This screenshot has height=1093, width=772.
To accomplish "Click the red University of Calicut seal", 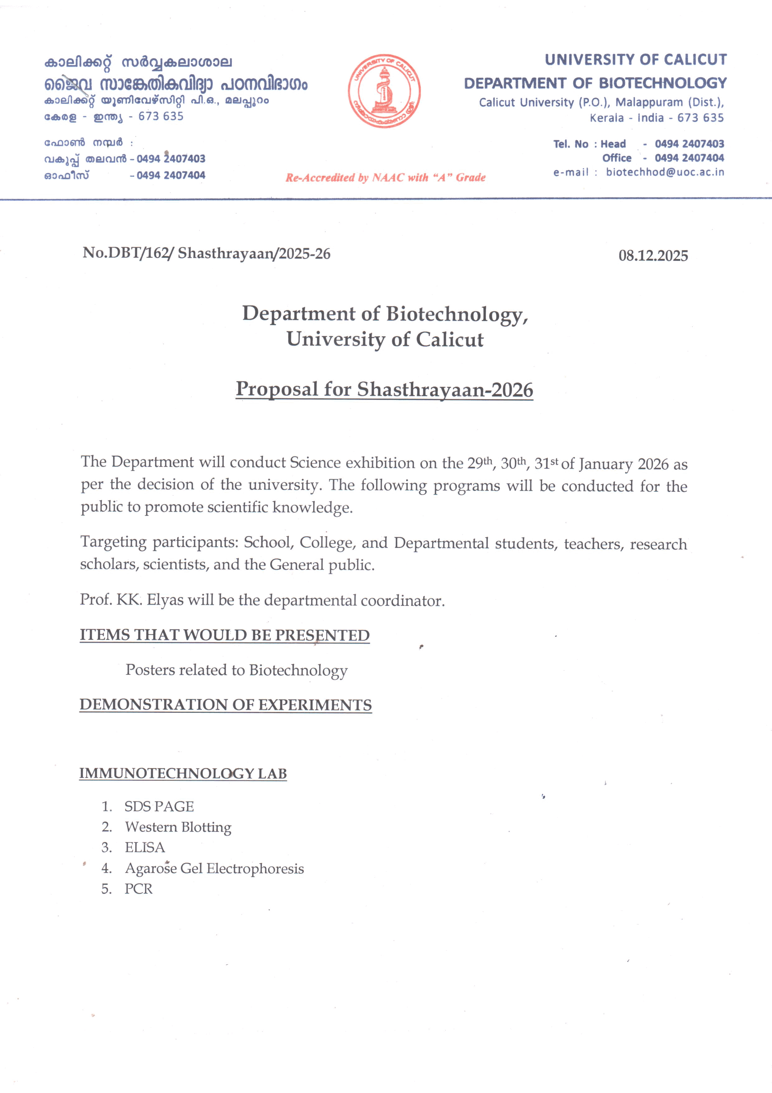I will [384, 90].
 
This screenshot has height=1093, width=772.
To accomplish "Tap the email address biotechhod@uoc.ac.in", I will [665, 172].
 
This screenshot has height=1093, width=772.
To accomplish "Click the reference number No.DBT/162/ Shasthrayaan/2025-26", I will [206, 253].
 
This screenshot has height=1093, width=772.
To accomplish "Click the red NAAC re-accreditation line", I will [385, 178].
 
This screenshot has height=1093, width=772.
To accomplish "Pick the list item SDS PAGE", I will [159, 806].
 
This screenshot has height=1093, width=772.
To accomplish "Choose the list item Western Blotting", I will [178, 827].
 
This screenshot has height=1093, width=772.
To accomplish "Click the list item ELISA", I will [145, 848].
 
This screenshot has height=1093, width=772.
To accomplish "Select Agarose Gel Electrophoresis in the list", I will [214, 869].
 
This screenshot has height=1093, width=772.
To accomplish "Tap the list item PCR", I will [139, 889].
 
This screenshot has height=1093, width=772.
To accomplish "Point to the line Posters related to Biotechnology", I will [236, 670].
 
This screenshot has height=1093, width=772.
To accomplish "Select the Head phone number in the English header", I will [689, 144].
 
